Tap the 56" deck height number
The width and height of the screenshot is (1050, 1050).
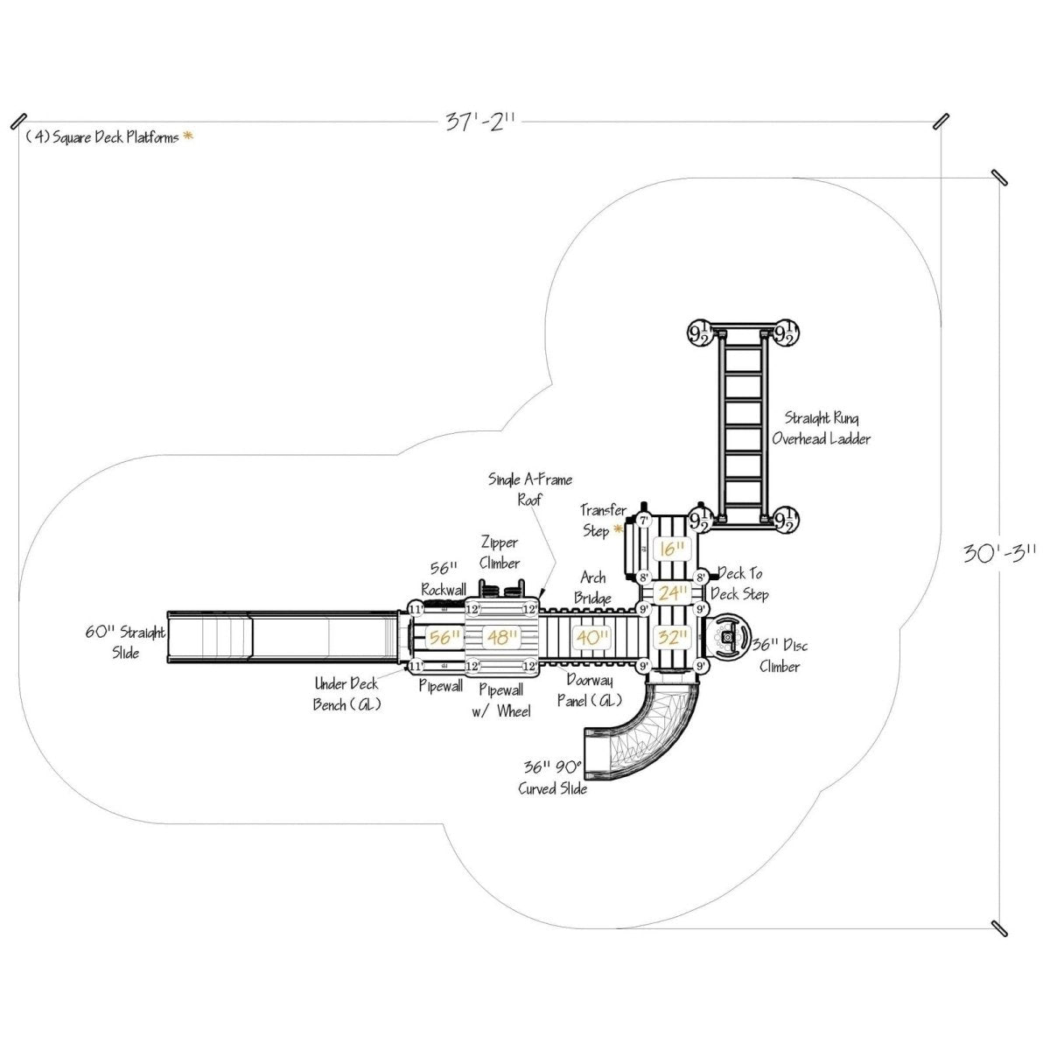[444, 638]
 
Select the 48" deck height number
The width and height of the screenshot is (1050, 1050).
[502, 638]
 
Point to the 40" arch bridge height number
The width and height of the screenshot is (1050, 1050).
[592, 638]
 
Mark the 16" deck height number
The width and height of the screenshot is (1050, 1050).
[672, 549]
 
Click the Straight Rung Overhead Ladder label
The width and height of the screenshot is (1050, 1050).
[821, 429]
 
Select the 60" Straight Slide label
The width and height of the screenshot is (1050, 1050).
[125, 641]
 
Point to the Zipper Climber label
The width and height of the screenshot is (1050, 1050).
[499, 553]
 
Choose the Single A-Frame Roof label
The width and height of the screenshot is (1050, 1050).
[529, 489]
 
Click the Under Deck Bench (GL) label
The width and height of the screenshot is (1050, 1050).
[346, 694]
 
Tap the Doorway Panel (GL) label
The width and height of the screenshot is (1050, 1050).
[590, 689]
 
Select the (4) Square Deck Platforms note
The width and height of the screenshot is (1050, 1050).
[102, 137]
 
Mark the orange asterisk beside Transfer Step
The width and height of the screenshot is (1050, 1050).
[619, 530]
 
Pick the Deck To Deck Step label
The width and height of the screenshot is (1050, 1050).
[740, 584]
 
